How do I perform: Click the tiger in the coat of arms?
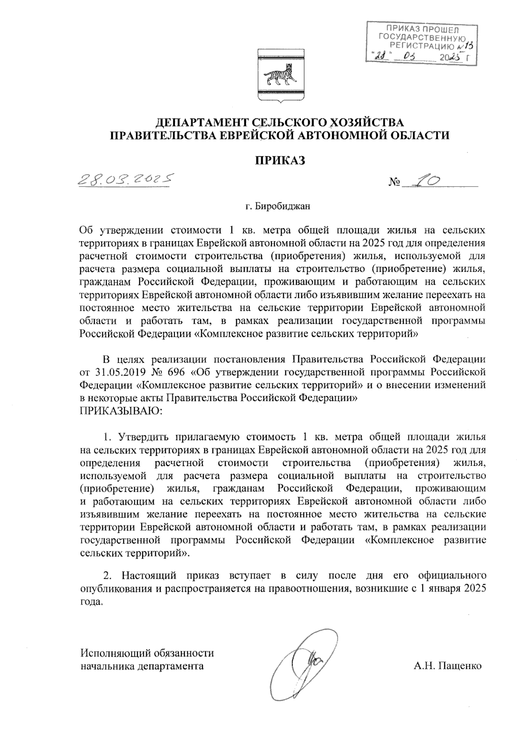coord(279,77)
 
